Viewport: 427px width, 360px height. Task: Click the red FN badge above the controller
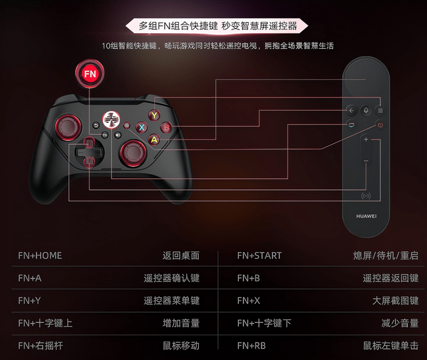pyautogui.click(x=90, y=74)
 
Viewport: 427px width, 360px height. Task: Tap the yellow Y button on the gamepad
pyautogui.click(x=154, y=115)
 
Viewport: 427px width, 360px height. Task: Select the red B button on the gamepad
pyautogui.click(x=166, y=127)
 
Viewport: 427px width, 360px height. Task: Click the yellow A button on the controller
pyautogui.click(x=154, y=139)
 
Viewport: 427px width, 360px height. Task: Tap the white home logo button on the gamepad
pyautogui.click(x=111, y=119)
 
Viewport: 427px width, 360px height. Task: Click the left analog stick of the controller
pyautogui.click(x=68, y=127)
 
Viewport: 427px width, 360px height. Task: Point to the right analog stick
pyautogui.click(x=133, y=153)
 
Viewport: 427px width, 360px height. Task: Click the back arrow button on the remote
pyautogui.click(x=352, y=111)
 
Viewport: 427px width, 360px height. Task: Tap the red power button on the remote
pyautogui.click(x=380, y=125)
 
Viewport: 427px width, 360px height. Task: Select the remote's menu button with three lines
pyautogui.click(x=380, y=111)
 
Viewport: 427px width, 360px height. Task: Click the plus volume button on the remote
pyautogui.click(x=366, y=139)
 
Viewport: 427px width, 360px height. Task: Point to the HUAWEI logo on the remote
pyautogui.click(x=366, y=216)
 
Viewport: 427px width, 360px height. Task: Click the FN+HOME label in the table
pyautogui.click(x=40, y=255)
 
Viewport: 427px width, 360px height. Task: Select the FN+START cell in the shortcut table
pyautogui.click(x=260, y=255)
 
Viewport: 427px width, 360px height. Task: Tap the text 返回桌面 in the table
pyautogui.click(x=181, y=255)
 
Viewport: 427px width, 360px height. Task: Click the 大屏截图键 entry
pyautogui.click(x=396, y=301)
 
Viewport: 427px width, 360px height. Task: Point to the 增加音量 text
pyautogui.click(x=181, y=323)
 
